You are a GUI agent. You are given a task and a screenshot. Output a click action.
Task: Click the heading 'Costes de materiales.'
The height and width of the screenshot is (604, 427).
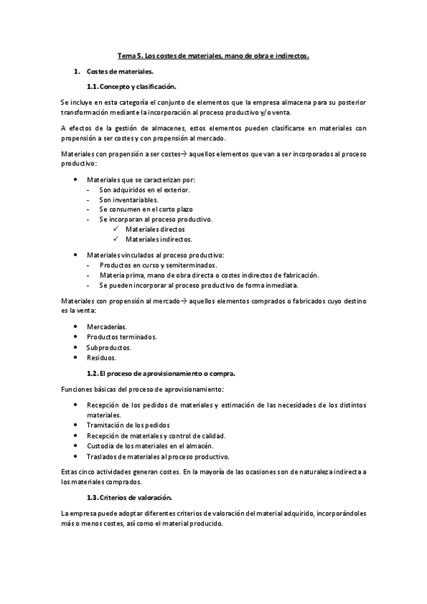point(119,72)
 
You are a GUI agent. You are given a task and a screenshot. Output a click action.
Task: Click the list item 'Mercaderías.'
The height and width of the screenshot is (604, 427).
point(107,326)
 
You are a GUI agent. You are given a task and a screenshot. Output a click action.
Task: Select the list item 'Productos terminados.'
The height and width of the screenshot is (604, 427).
point(122,337)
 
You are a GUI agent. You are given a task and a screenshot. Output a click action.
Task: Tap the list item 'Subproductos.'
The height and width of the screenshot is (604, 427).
point(109,348)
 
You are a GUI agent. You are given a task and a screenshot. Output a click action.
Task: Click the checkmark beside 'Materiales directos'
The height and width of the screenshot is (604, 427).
point(115,230)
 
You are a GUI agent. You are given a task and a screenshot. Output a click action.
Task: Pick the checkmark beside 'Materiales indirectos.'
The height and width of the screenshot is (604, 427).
point(115,240)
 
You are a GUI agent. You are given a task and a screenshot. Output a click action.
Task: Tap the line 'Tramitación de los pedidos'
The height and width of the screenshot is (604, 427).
point(128,425)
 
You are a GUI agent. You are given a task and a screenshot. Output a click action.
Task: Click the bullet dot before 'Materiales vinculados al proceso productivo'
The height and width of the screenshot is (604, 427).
point(76,255)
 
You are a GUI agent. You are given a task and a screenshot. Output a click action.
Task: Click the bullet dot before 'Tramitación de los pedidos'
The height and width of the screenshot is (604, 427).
point(76,425)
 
